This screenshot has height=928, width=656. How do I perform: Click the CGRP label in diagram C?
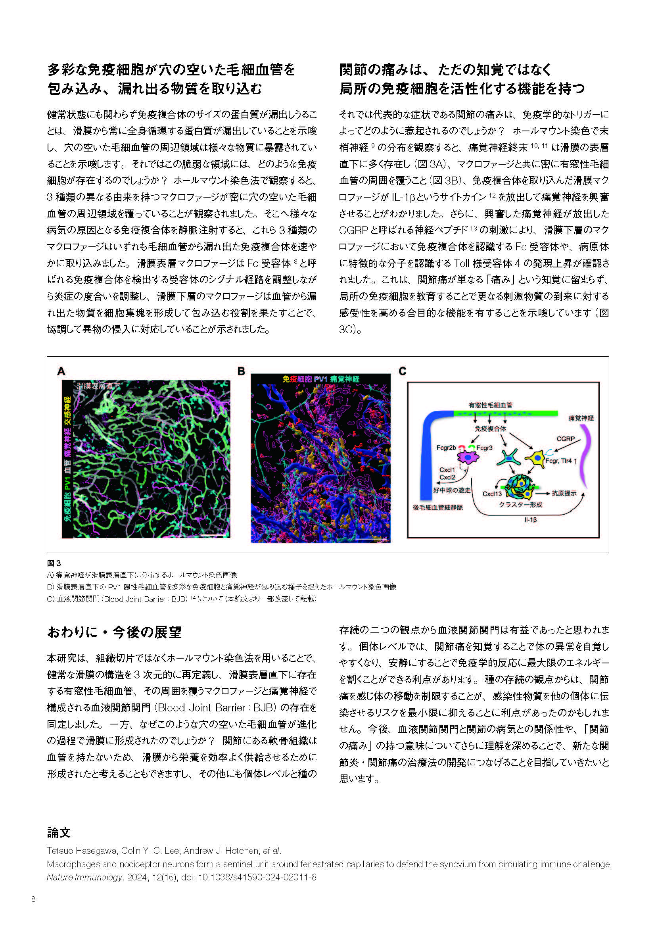565,438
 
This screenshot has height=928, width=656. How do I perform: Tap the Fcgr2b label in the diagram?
446,448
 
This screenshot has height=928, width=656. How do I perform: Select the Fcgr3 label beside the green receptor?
484,448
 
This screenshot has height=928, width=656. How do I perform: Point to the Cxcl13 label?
492,494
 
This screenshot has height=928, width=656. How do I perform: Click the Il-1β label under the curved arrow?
530,520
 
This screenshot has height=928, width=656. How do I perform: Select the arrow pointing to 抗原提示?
543,494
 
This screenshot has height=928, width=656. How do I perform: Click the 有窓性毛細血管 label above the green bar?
490,405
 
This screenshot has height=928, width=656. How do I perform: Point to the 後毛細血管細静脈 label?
438,508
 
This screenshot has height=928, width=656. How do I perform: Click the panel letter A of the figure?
61,371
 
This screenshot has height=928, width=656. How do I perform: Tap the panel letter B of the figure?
241,371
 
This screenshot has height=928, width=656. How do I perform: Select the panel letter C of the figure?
402,371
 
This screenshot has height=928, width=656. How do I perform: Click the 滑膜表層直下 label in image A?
98,386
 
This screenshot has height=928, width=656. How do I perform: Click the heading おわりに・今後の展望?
114,632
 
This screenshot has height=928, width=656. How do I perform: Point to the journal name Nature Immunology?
84,878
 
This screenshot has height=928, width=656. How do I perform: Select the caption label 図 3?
54,563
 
